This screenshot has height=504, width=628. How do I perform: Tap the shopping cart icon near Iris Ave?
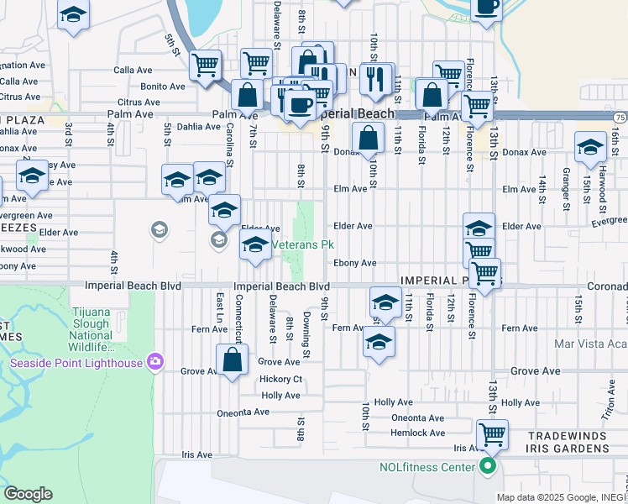492,435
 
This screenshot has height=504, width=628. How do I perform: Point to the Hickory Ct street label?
280,379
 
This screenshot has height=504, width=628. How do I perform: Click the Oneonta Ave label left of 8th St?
243,412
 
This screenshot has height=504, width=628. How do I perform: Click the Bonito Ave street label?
163,87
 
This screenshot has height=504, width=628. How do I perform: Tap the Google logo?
28,494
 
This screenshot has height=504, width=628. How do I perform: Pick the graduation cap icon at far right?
590,146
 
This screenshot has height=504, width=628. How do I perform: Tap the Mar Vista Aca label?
590,344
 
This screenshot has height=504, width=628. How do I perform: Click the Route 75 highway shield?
620,118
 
